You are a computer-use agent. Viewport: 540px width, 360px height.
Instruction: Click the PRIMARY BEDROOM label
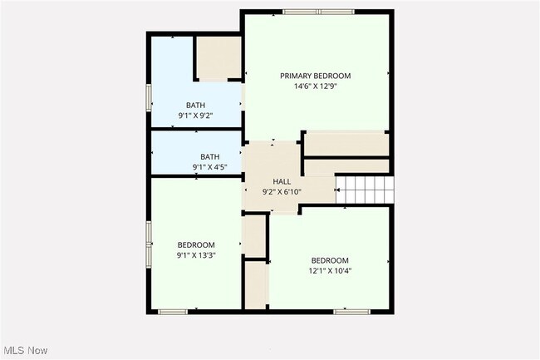[x=315, y=76]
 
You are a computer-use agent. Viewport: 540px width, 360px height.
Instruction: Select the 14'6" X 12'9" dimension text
[x=315, y=86]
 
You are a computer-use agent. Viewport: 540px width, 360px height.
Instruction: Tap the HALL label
[x=282, y=181]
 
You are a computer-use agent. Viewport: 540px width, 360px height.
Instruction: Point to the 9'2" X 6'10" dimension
[x=282, y=191]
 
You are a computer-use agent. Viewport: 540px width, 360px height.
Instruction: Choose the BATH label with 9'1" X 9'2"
[x=195, y=105]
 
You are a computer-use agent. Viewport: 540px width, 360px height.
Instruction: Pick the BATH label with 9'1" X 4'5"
[x=209, y=156]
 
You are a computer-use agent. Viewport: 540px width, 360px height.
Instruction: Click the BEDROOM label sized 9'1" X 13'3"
[x=196, y=244]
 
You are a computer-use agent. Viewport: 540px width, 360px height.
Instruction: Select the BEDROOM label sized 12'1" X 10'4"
[x=330, y=260]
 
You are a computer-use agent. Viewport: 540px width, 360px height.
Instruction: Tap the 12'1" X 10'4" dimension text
[x=330, y=270]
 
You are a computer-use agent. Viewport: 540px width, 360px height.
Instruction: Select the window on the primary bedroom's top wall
[x=318, y=12]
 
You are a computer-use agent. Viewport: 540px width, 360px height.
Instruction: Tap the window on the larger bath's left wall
[x=149, y=98]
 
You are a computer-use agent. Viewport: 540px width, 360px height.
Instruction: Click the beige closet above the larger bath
[x=218, y=58]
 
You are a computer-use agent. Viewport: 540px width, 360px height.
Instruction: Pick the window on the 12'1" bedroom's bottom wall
[x=351, y=312]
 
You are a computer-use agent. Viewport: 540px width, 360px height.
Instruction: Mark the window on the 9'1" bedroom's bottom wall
[x=172, y=312]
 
